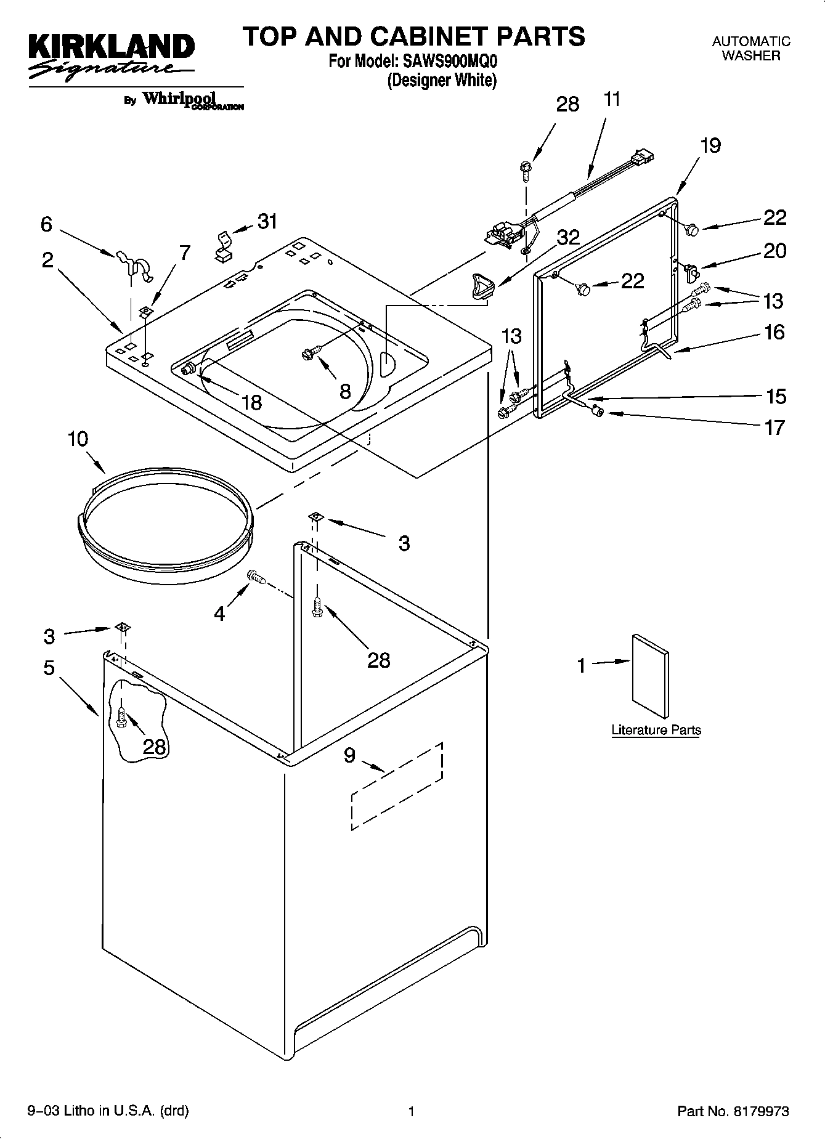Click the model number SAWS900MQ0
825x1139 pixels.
tap(450, 62)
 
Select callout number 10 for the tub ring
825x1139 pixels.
tap(78, 439)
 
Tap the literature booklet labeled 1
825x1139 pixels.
tap(650, 675)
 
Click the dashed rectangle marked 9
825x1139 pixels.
tap(397, 786)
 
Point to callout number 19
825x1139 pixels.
tap(710, 145)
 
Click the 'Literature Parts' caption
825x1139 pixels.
tap(656, 730)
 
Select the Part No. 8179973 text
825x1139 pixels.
tap(733, 1111)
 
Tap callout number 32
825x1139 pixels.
tap(567, 237)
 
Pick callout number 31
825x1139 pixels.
tap(267, 221)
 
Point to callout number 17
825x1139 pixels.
tap(774, 427)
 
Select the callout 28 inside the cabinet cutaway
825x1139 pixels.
tap(154, 747)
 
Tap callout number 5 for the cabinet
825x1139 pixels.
tap(49, 668)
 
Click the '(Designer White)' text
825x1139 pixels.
tap(441, 80)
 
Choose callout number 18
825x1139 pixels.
tap(251, 402)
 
